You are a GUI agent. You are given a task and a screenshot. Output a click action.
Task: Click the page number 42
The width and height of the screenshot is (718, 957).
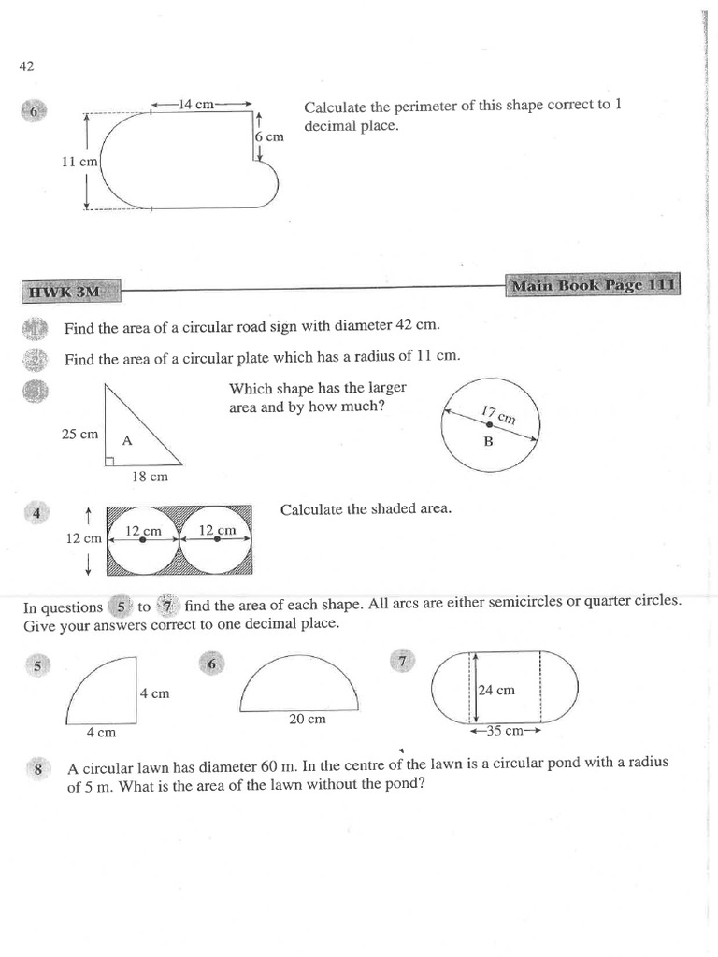pos(26,66)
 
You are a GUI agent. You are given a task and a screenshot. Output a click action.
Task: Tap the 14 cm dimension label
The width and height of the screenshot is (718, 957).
pos(198,105)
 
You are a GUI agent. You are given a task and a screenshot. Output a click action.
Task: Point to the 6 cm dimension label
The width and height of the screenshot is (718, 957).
pos(268,136)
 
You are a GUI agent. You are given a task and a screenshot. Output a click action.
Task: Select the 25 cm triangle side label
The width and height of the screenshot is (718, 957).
pos(79,435)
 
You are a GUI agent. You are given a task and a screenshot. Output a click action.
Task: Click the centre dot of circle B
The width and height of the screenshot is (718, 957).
pos(488,425)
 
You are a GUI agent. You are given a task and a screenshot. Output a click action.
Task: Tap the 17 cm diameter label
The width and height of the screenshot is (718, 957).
pos(498,414)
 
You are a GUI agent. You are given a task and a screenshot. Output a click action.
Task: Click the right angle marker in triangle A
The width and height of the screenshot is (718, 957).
pos(109,460)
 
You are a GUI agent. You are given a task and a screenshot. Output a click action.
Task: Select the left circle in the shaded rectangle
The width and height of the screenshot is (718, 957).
pos(142,539)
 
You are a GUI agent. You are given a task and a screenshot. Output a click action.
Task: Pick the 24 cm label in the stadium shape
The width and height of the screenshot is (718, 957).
pos(496,691)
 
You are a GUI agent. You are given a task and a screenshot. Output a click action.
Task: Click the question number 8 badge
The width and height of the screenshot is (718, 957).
pos(37,769)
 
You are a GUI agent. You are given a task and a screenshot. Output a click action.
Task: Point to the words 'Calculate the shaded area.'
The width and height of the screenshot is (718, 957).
pos(366,509)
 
